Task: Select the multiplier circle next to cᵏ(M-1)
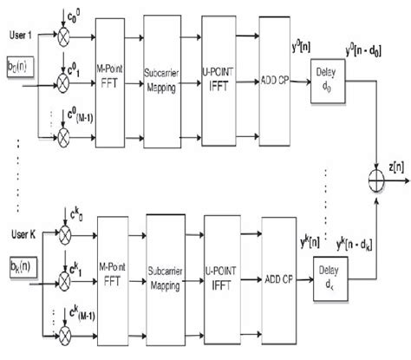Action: pyautogui.click(x=62, y=337)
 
